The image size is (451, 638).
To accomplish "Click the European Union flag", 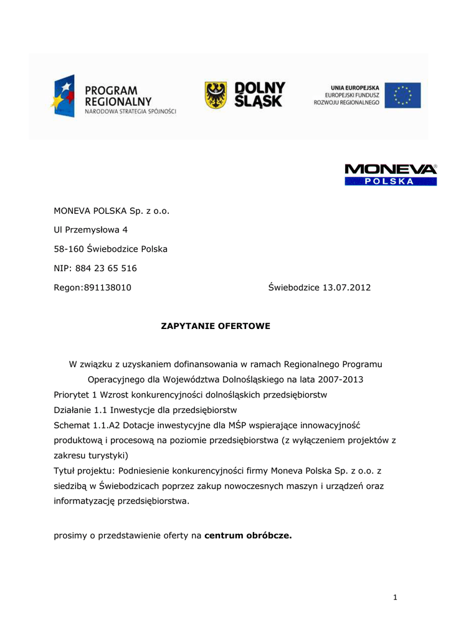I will click(402, 95).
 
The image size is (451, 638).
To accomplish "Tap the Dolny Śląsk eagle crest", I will click(216, 95).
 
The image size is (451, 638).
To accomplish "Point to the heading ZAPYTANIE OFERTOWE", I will click(216, 326).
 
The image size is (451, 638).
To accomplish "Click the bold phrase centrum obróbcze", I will click(248, 535).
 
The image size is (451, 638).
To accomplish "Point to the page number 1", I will click(395, 598).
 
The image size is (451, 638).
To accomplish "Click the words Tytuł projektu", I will click(83, 470).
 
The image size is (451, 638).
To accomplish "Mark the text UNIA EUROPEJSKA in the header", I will click(355, 87).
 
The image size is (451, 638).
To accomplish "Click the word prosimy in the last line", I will click(71, 535).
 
